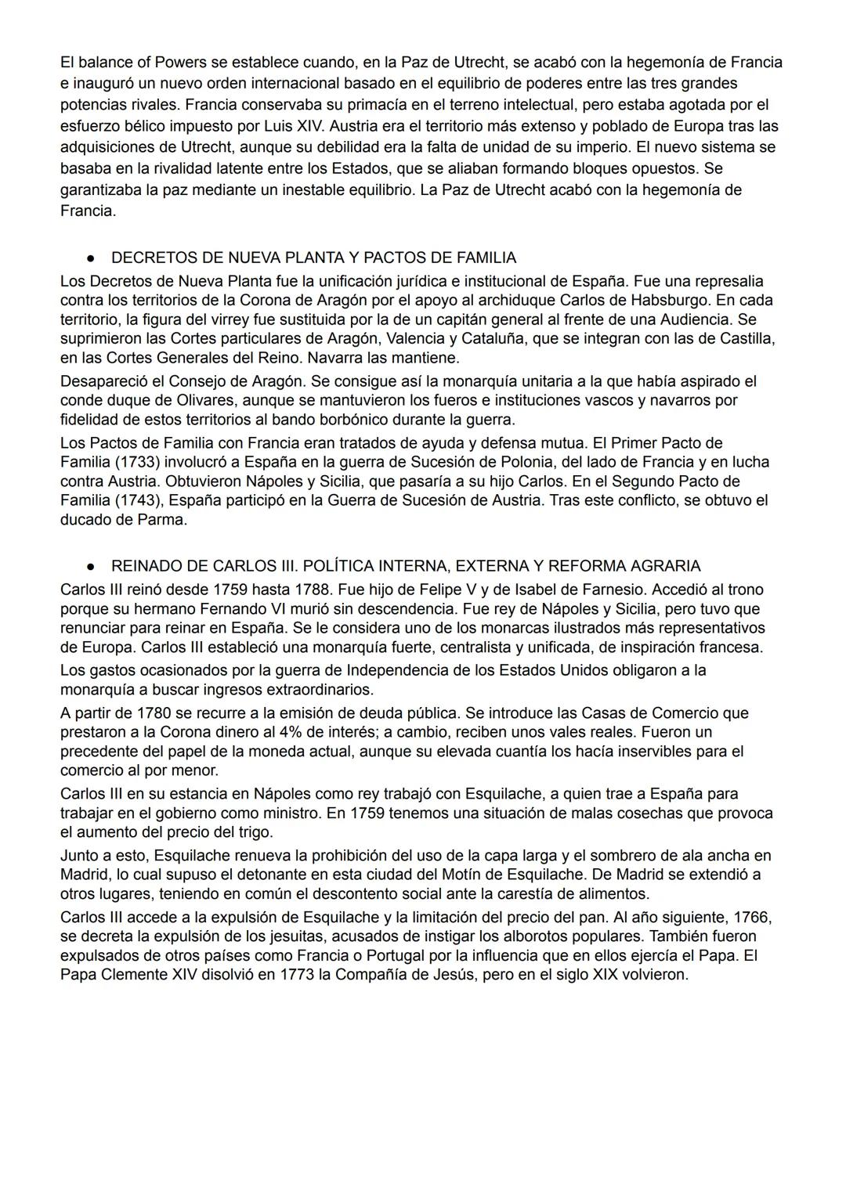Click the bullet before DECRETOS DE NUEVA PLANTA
[91, 258]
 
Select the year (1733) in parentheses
[137, 462]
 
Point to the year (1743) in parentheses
[137, 500]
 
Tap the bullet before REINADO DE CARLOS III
[91, 566]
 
